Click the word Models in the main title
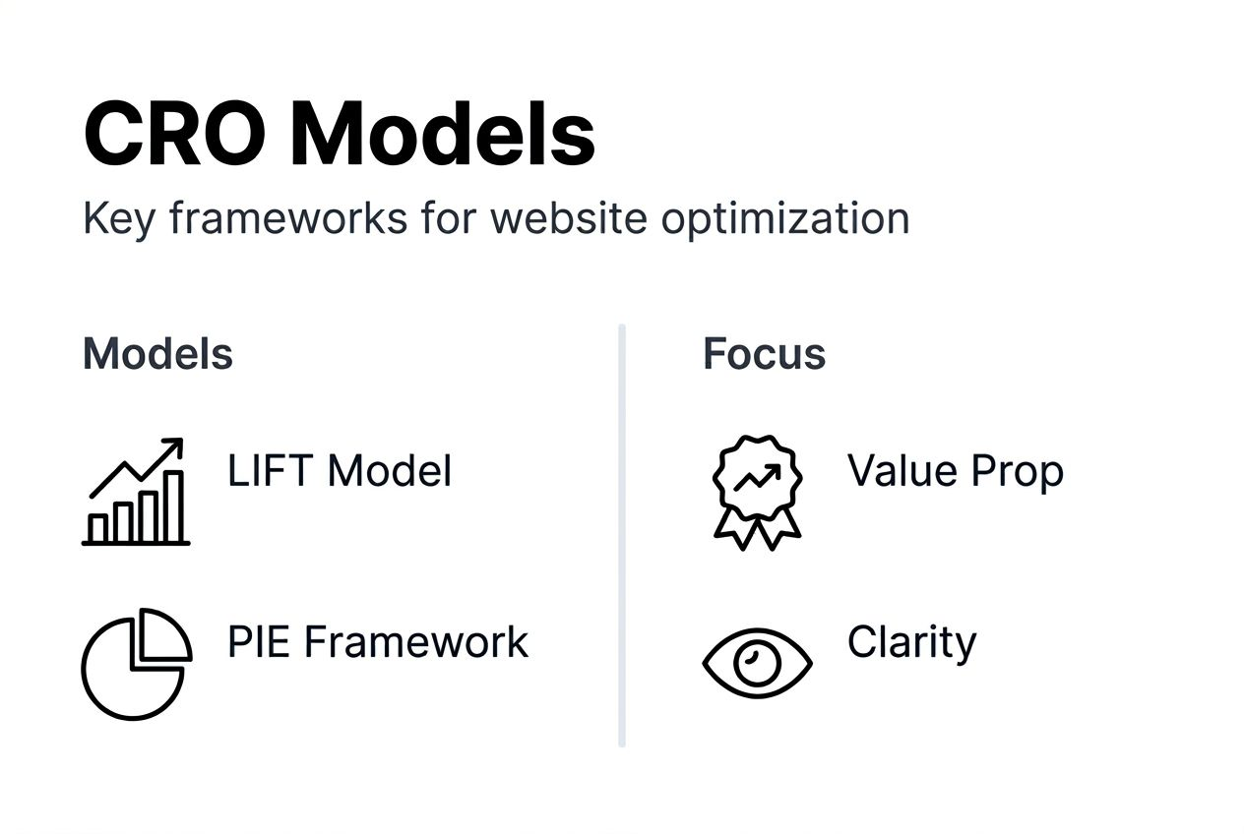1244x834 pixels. pyautogui.click(x=442, y=135)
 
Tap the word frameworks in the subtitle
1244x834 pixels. pyautogui.click(x=287, y=217)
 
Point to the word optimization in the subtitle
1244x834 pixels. pyautogui.click(x=784, y=217)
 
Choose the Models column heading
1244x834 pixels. pyautogui.click(x=157, y=354)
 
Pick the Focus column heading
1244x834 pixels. pyautogui.click(x=764, y=354)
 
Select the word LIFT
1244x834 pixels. pyautogui.click(x=272, y=470)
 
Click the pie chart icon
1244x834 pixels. pyautogui.click(x=136, y=663)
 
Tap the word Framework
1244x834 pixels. pyautogui.click(x=415, y=642)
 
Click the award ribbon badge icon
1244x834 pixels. pyautogui.click(x=757, y=489)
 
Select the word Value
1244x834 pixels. pyautogui.click(x=902, y=470)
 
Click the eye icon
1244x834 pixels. pyautogui.click(x=757, y=661)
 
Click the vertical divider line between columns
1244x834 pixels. pyautogui.click(x=622, y=535)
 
